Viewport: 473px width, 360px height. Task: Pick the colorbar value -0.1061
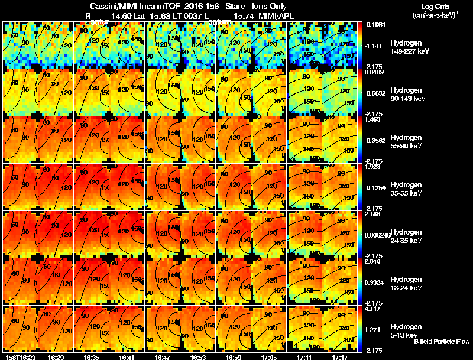tap(374, 25)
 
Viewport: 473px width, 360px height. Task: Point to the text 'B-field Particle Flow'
tap(441, 342)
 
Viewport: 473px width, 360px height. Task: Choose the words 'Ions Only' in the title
tap(269, 6)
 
